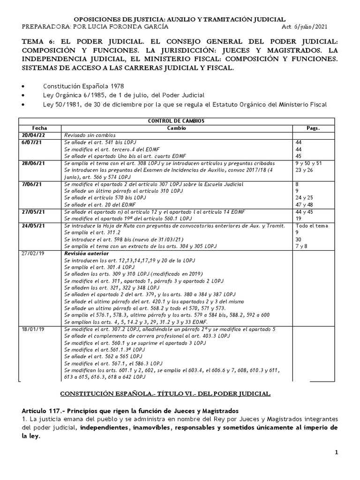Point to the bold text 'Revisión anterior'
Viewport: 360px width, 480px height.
pos(86,253)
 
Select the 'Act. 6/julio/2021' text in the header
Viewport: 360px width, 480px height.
pos(309,26)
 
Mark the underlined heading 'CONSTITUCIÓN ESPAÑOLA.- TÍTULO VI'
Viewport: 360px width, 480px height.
pos(167,393)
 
